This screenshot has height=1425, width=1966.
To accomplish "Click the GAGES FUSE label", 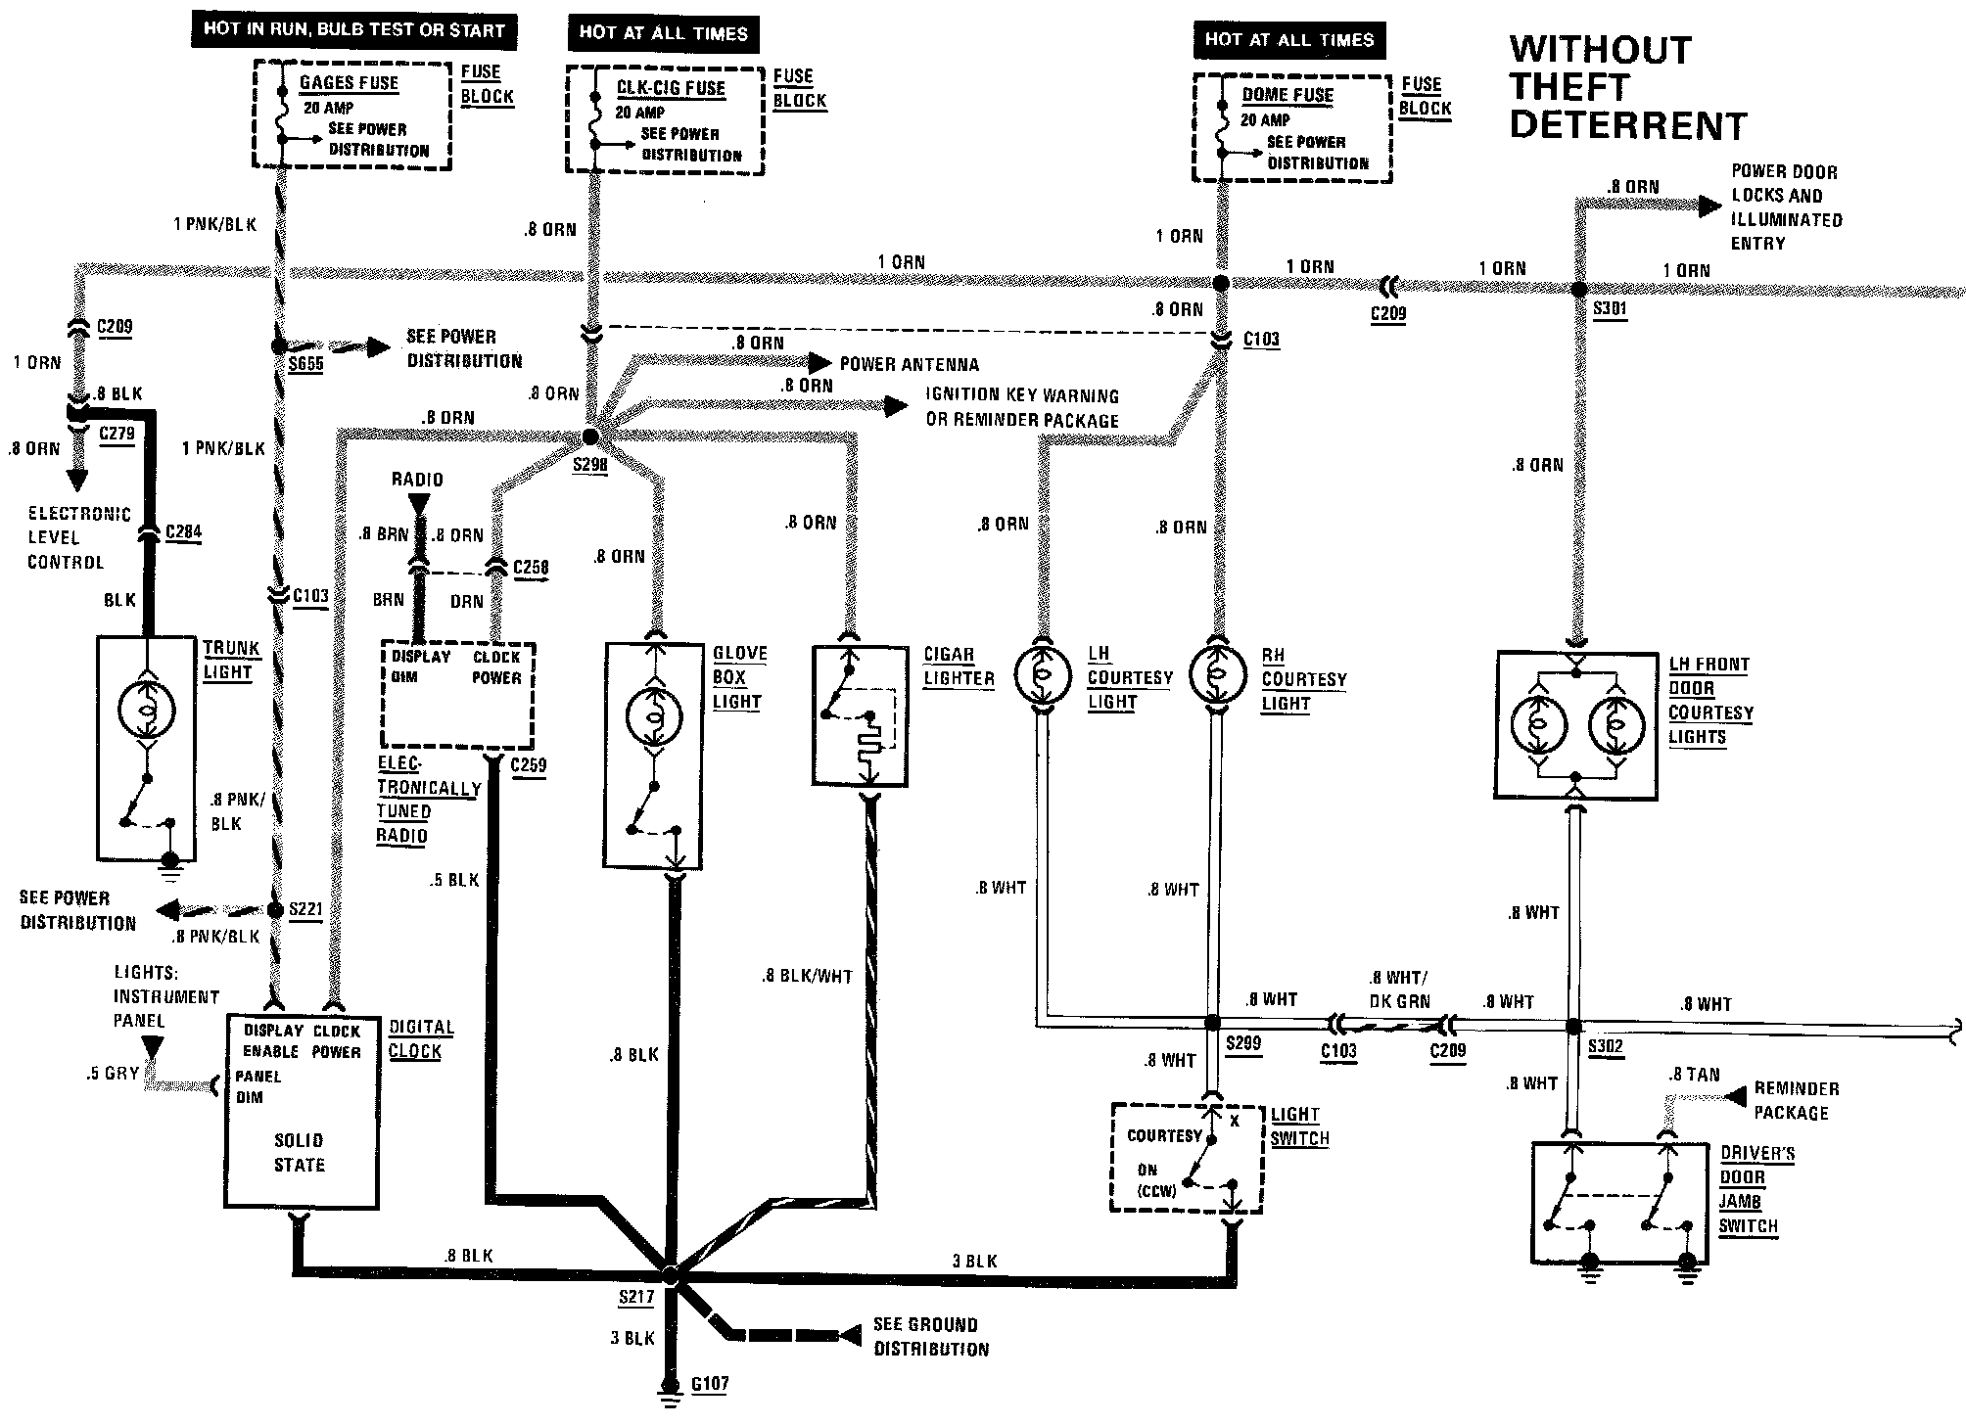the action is [349, 83].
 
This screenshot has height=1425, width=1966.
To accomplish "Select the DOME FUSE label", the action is [1287, 95].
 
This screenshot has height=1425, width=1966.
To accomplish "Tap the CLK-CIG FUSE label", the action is [671, 88].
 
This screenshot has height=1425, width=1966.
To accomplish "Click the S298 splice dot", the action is [590, 437].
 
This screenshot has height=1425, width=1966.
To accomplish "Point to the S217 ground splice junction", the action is [671, 1275].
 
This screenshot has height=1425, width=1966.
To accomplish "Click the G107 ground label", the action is [710, 1384].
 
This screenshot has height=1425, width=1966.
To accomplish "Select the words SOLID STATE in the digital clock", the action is [299, 1153].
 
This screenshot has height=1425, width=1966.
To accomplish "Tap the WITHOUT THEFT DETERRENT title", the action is [1627, 88].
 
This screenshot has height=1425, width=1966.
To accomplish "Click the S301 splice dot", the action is [1579, 290].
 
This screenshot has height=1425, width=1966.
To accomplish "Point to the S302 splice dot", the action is [1573, 1027].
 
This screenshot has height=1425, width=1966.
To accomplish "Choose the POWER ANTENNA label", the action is [910, 364].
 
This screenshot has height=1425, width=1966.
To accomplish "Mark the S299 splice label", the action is [1243, 1044].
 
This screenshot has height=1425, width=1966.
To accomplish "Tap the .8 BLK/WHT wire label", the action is [808, 976].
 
